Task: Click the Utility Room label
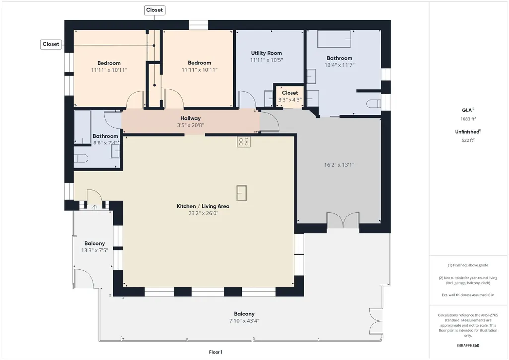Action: pyautogui.click(x=266, y=53)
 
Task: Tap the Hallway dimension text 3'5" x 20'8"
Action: pyautogui.click(x=190, y=125)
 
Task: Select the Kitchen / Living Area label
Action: pyautogui.click(x=203, y=206)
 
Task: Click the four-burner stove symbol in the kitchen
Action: pyautogui.click(x=243, y=142)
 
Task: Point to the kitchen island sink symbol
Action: pyautogui.click(x=241, y=193)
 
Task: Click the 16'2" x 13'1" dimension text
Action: pyautogui.click(x=339, y=165)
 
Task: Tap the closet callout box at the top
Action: pyautogui.click(x=154, y=10)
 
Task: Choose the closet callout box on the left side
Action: pyautogui.click(x=51, y=44)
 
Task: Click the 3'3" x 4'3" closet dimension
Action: pyautogui.click(x=290, y=100)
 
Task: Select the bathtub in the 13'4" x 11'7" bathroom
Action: pyautogui.click(x=334, y=39)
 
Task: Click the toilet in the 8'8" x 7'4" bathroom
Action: pyautogui.click(x=81, y=159)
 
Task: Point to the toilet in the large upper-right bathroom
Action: pyautogui.click(x=373, y=104)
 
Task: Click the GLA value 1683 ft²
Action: pyautogui.click(x=468, y=119)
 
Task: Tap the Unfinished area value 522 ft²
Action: pyautogui.click(x=468, y=140)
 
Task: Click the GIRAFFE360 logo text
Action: pyautogui.click(x=468, y=346)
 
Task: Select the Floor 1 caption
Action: pyautogui.click(x=216, y=352)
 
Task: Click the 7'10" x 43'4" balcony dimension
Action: pyautogui.click(x=244, y=321)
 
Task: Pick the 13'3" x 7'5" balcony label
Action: pyautogui.click(x=94, y=250)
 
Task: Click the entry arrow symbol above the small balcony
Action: pyautogui.click(x=95, y=207)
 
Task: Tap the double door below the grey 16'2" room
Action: pyautogui.click(x=343, y=221)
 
